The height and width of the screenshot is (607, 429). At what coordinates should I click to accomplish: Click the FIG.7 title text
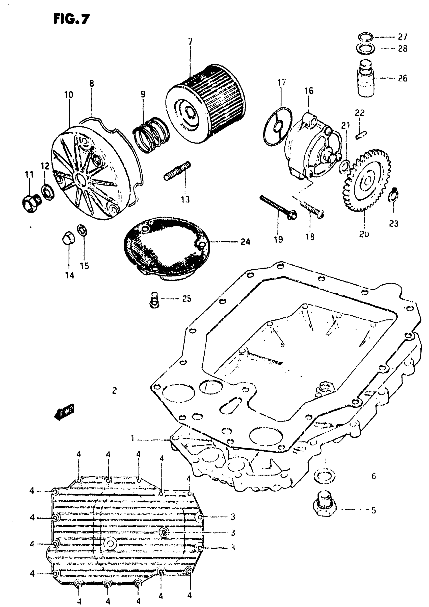71,19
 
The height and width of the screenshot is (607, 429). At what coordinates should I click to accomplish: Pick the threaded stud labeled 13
177,171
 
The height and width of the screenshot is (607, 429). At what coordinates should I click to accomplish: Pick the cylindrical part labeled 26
366,79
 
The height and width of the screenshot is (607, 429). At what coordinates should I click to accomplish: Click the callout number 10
69,95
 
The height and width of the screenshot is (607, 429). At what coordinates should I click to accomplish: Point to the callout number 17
282,83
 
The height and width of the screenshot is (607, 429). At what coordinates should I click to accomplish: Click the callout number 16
309,91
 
